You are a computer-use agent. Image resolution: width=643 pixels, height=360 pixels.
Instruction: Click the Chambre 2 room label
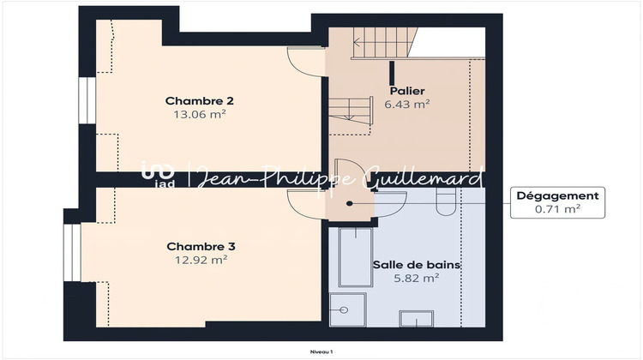coord(199,100)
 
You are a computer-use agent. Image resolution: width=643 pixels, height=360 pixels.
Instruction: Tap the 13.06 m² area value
coord(199,113)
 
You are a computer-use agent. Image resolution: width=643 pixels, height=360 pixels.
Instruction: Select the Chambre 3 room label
coord(201,246)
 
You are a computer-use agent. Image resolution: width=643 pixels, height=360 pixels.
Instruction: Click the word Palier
coord(407,91)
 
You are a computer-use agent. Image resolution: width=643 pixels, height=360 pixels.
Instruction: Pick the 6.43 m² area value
coord(407,104)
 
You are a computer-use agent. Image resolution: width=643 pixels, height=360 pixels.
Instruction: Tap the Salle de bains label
coord(418,265)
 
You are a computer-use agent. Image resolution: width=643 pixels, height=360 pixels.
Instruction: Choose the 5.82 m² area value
coord(418,278)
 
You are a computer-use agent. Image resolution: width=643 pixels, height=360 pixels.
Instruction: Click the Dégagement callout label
coord(557,195)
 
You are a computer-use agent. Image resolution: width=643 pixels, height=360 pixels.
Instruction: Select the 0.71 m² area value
coord(557,208)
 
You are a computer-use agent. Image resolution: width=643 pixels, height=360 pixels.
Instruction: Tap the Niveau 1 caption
coord(322,351)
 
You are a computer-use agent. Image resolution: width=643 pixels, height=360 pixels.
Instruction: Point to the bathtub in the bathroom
coord(352,256)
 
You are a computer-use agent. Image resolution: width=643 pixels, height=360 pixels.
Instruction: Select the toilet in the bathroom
coord(443,201)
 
